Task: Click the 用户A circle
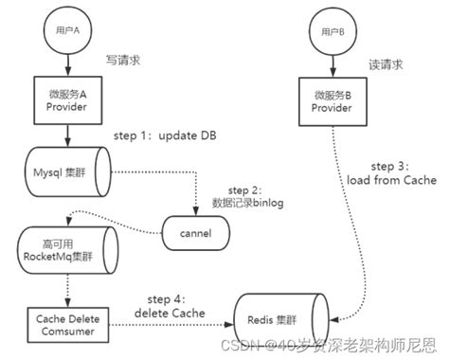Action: (x=68, y=29)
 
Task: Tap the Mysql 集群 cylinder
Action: (x=67, y=172)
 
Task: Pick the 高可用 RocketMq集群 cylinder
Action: (x=68, y=245)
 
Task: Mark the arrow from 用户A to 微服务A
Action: (x=68, y=63)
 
